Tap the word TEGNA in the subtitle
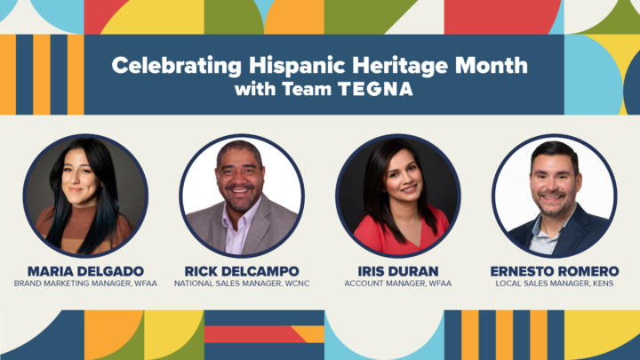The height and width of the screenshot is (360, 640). click(x=375, y=89)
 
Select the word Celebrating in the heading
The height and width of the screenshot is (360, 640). click(x=177, y=66)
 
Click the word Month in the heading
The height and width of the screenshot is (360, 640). click(x=492, y=65)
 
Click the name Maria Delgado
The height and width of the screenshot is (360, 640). click(x=85, y=271)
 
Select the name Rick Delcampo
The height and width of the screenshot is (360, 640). click(x=242, y=271)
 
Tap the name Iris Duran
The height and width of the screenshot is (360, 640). click(x=398, y=271)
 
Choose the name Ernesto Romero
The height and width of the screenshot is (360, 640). click(x=555, y=271)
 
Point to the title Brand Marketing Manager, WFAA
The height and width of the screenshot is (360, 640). click(x=85, y=284)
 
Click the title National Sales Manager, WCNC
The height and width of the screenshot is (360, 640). click(x=242, y=284)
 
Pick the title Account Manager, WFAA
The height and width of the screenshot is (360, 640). click(x=398, y=284)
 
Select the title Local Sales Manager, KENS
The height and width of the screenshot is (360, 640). click(x=555, y=284)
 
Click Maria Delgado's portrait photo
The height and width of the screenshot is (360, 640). click(x=85, y=196)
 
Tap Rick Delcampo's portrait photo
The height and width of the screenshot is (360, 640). click(x=242, y=196)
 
